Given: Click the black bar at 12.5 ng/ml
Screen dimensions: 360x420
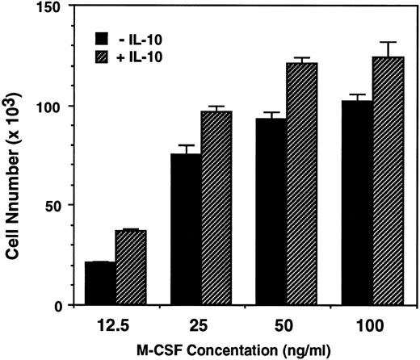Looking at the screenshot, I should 100,283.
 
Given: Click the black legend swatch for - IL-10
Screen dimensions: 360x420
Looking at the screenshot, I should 102,38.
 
